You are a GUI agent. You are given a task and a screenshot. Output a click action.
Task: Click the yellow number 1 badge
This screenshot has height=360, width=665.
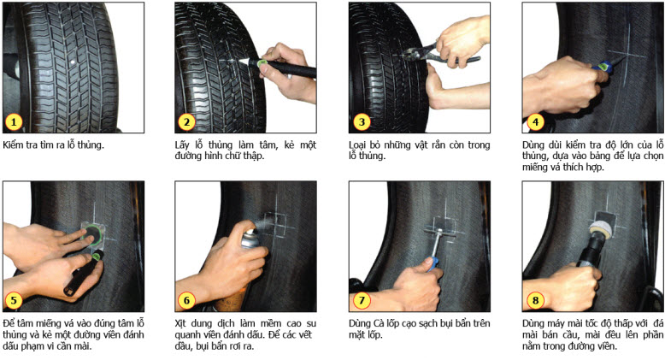[13, 122]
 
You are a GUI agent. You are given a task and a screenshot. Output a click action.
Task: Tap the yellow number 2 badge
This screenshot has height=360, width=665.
[186, 122]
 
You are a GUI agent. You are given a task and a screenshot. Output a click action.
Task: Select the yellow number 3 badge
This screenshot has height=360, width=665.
[362, 122]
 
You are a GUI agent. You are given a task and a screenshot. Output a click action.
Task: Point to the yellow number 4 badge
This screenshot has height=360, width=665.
[535, 122]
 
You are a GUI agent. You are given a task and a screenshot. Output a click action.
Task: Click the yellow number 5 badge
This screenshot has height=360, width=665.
[13, 300]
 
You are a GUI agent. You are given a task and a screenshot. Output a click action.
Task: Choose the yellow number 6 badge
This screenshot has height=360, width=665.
[186, 300]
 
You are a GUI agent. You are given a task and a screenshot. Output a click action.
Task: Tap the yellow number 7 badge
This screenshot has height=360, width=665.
[362, 300]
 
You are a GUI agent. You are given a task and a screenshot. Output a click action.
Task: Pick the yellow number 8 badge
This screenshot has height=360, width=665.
[535, 300]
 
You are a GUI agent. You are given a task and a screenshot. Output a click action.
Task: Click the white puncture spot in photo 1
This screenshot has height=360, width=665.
[73, 62]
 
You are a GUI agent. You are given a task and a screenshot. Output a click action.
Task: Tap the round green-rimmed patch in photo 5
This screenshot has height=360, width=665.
[92, 235]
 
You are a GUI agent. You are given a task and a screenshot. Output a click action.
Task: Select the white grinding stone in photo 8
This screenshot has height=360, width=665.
[602, 229]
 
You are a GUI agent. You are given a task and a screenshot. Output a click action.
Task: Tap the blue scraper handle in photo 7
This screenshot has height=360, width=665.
[433, 263]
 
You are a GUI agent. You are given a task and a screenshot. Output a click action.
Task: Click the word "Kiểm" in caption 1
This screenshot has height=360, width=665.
[14, 145]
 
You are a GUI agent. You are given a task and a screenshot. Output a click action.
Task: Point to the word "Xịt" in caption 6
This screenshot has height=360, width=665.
[182, 323]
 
